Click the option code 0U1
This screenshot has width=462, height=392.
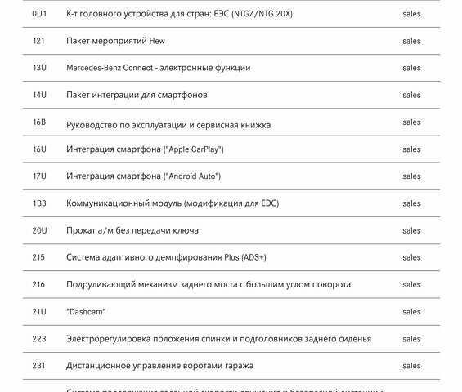[x=39, y=15]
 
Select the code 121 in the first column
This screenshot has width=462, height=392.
[x=38, y=41]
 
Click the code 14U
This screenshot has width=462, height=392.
[x=39, y=95]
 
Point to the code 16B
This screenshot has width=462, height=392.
[x=39, y=122]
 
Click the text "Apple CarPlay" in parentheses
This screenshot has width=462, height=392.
[x=194, y=149]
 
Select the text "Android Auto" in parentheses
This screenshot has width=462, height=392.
[x=192, y=176]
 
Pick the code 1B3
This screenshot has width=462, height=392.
[x=39, y=203]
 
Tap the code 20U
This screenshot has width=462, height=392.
[x=39, y=230]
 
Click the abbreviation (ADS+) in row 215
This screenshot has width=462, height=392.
[x=253, y=257]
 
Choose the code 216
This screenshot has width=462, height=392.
[x=38, y=284]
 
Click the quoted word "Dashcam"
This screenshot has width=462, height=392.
[x=86, y=312]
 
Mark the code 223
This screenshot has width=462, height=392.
[x=38, y=339]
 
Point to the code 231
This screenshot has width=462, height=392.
[x=38, y=366]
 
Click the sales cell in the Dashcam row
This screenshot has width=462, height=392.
[x=411, y=312]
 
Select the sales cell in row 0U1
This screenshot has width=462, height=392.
[x=411, y=15]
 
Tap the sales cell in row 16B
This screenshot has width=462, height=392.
[x=411, y=122]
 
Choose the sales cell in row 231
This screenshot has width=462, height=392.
[x=411, y=366]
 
